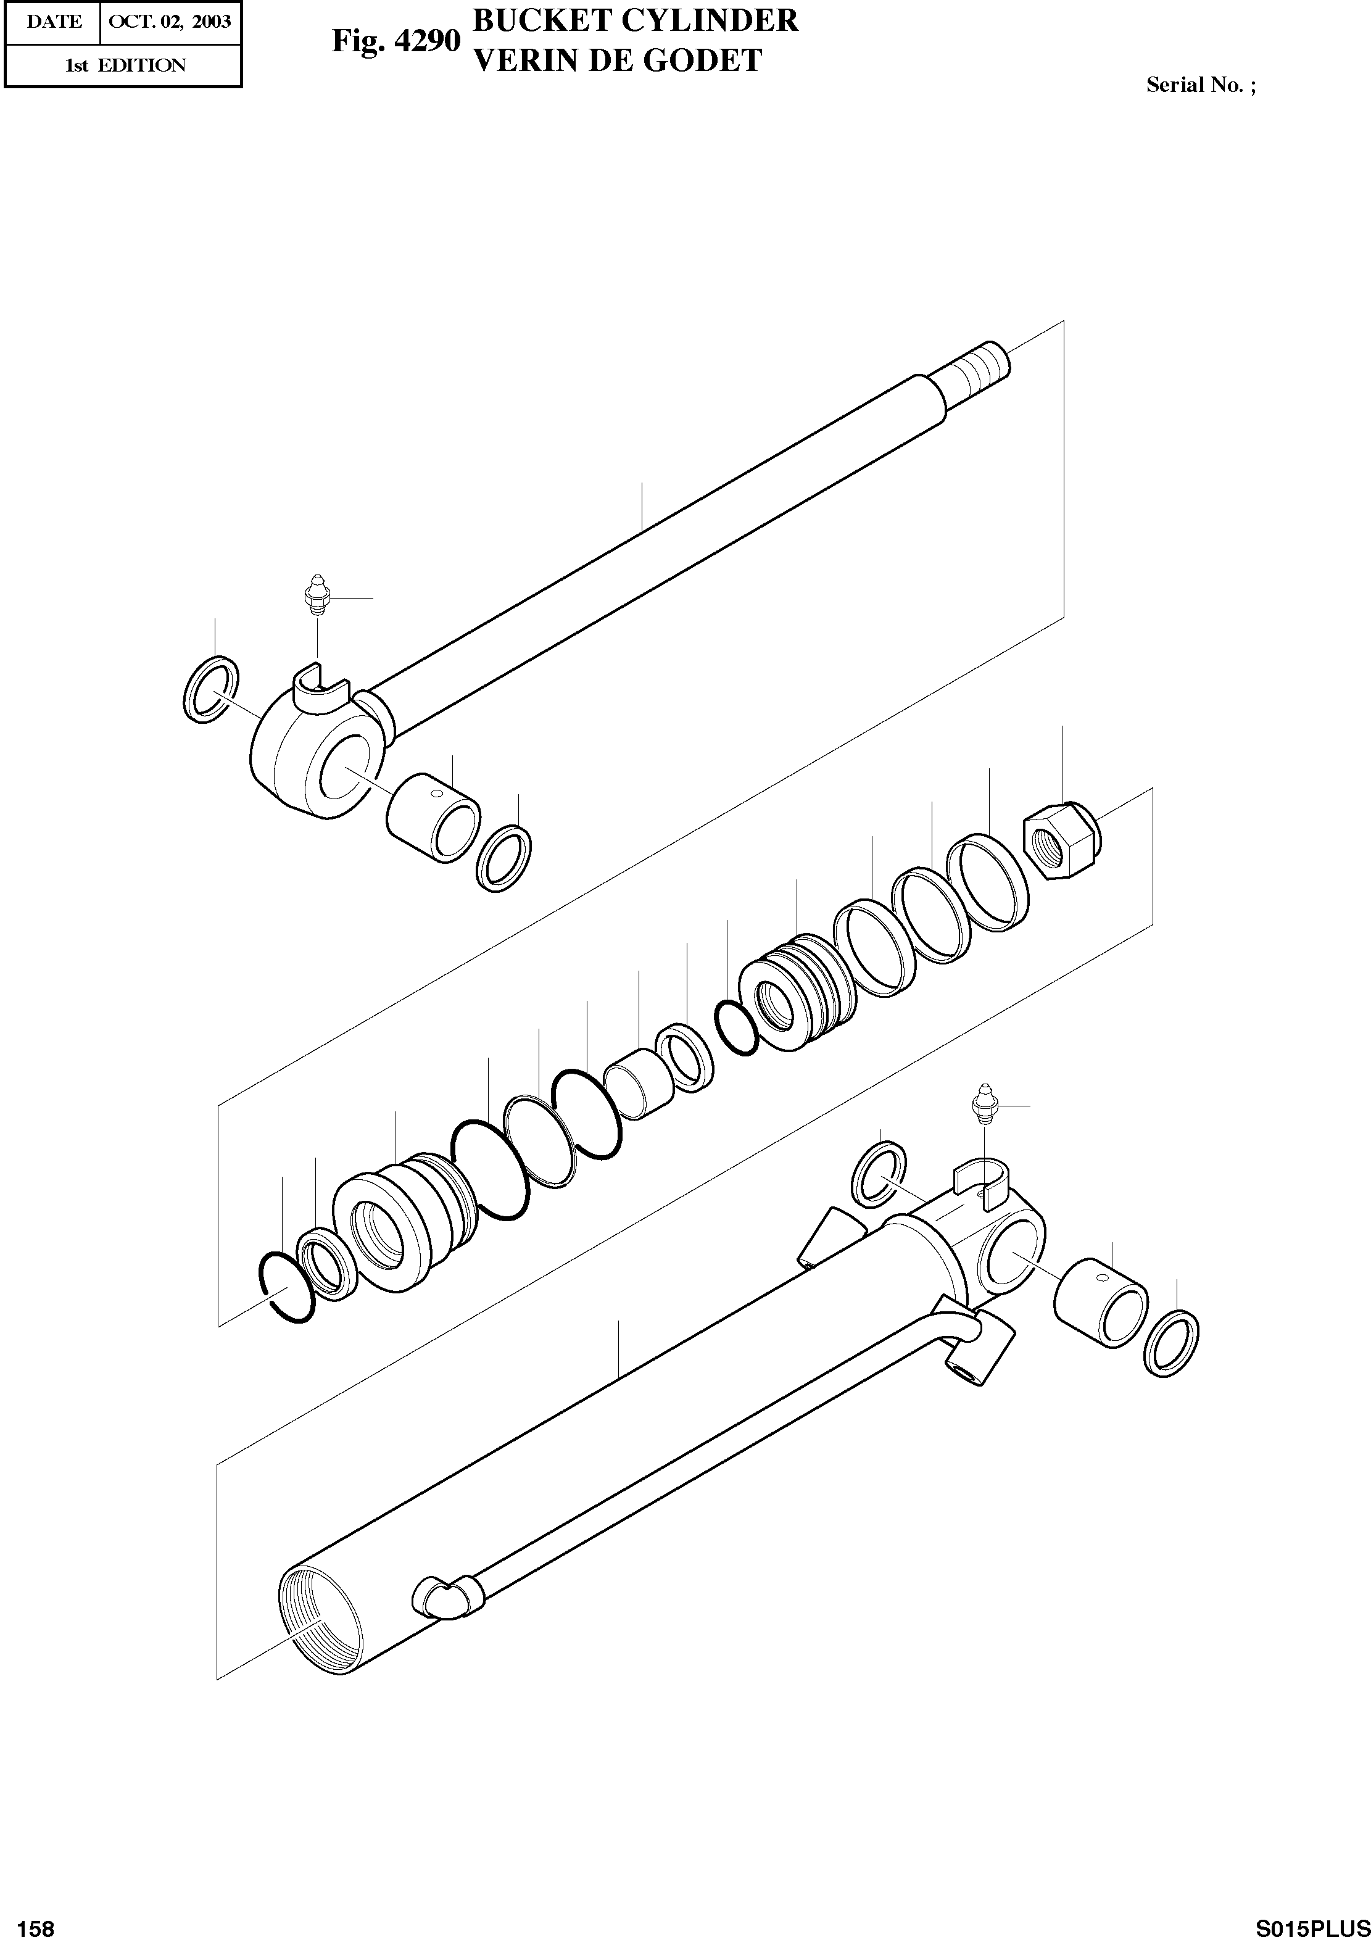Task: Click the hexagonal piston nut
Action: coord(1059,840)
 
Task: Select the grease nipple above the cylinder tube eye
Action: coord(984,1103)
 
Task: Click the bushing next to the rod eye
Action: coord(433,818)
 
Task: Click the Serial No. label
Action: coord(1199,85)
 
